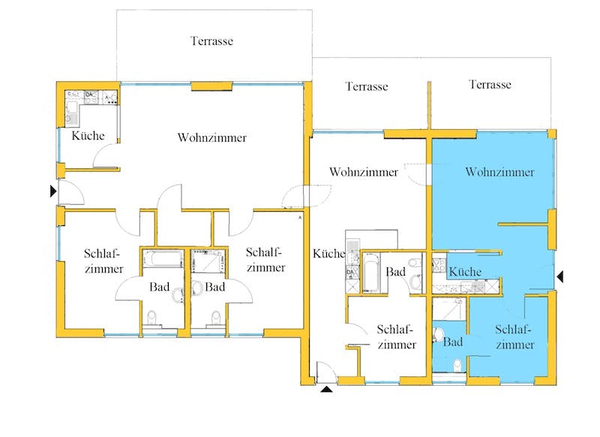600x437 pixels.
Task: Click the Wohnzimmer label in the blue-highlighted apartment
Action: [499, 172]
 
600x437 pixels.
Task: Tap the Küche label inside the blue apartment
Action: [465, 272]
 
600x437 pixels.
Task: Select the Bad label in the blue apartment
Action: [453, 342]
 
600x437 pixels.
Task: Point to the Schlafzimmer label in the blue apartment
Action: [514, 336]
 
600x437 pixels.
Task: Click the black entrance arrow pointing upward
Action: [326, 390]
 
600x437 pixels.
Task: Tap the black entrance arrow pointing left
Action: [559, 276]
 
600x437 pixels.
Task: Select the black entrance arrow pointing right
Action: [53, 191]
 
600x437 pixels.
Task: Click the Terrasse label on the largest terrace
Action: [211, 41]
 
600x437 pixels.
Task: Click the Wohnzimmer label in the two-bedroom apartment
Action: [212, 137]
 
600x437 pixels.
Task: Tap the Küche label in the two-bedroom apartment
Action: [88, 136]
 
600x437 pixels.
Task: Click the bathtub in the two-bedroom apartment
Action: [163, 259]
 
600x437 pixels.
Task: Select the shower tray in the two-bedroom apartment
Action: [207, 261]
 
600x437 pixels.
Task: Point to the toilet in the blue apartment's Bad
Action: [457, 366]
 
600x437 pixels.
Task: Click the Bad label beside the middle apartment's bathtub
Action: [396, 272]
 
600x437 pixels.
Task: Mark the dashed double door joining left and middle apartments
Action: [306, 196]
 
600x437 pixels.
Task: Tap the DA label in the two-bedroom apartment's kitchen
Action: [88, 94]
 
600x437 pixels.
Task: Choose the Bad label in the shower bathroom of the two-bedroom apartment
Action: [214, 287]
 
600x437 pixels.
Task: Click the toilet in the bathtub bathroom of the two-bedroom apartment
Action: [152, 318]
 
